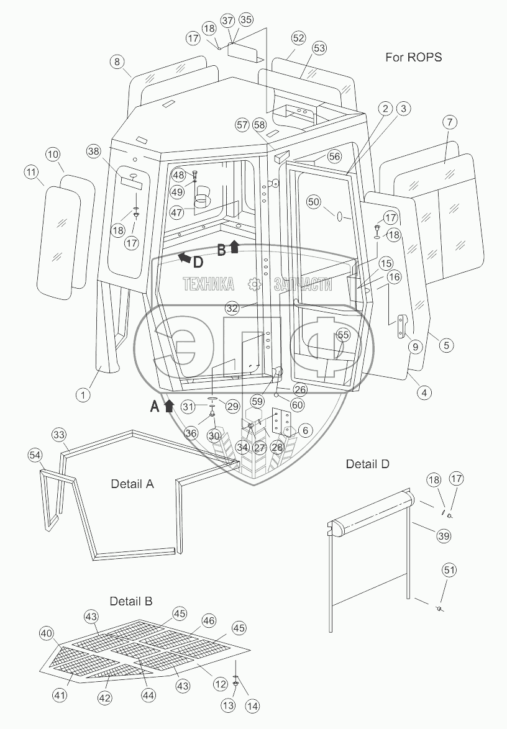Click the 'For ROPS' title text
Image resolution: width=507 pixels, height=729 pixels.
pos(413,58)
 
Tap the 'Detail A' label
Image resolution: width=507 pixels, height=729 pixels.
pos(132,484)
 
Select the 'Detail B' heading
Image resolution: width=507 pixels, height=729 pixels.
pos(131,601)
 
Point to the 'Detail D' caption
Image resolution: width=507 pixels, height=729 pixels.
pos(368,464)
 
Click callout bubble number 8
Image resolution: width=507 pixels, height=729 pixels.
pos(117,61)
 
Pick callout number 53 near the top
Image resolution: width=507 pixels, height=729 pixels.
pos(319,48)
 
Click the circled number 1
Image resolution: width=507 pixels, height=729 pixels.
pos(83,392)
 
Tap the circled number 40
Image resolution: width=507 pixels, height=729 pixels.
pos(46,633)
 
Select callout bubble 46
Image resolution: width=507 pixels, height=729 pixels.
pos(208,620)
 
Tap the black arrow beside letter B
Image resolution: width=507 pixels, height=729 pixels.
pos(234,247)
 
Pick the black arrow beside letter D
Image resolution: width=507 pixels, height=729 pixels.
pos(183,256)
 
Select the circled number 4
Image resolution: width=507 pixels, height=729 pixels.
pos(424,392)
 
